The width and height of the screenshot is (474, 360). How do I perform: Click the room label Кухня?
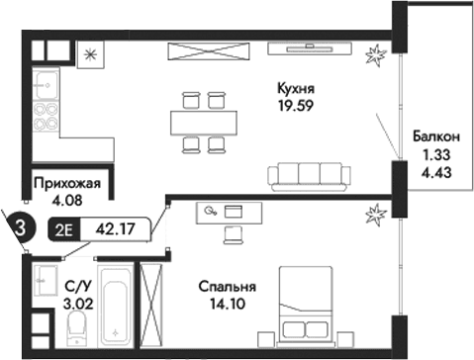(297, 88)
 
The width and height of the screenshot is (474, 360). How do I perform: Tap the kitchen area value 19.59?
(297, 105)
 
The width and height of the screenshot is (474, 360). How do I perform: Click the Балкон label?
(436, 138)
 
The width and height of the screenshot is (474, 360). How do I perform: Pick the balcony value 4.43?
(436, 172)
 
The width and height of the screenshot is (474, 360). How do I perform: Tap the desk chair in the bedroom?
(233, 233)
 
